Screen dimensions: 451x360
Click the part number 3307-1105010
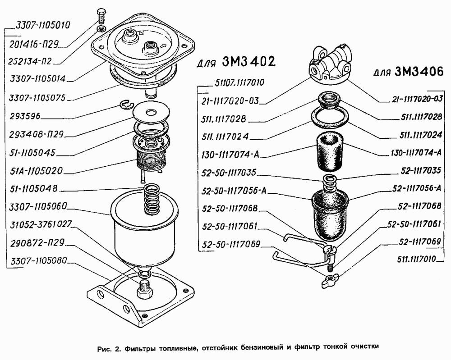[42, 25]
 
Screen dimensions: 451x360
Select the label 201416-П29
[34, 44]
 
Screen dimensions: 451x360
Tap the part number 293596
[25, 116]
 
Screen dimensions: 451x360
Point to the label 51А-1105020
[36, 171]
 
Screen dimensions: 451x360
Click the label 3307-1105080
[38, 261]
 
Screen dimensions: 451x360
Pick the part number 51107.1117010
[239, 83]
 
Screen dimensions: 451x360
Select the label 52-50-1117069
[231, 244]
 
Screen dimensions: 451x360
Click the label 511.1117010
[416, 259]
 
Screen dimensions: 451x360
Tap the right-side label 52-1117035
[420, 170]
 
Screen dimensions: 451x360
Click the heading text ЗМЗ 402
[249, 61]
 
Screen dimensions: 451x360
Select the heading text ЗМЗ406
[419, 71]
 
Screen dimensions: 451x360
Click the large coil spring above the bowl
[151, 199]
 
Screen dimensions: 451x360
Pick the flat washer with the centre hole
[151, 111]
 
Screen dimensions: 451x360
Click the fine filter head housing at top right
[330, 64]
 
